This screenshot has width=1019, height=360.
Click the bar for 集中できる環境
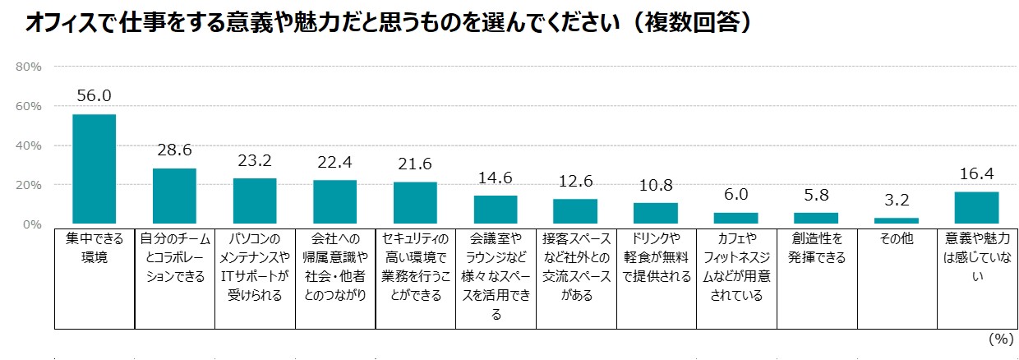tap(94, 168)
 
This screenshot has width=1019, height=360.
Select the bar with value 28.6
tap(174, 196)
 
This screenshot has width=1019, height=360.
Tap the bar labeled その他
tap(896, 220)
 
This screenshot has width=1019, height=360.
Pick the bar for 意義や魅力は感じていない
tap(976, 207)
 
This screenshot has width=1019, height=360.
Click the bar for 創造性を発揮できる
tap(815, 218)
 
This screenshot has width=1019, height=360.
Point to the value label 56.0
tap(94, 96)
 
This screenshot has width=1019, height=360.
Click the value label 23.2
tap(255, 161)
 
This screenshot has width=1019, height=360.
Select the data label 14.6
tap(496, 178)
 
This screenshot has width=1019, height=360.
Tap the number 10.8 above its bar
tap(655, 186)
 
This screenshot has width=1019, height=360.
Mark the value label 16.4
tap(976, 174)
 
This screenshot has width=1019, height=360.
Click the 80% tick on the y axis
tap(30, 67)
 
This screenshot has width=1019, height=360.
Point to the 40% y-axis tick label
tap(30, 145)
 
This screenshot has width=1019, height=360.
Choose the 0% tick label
tap(33, 224)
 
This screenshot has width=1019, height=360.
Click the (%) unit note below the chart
tap(999, 338)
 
